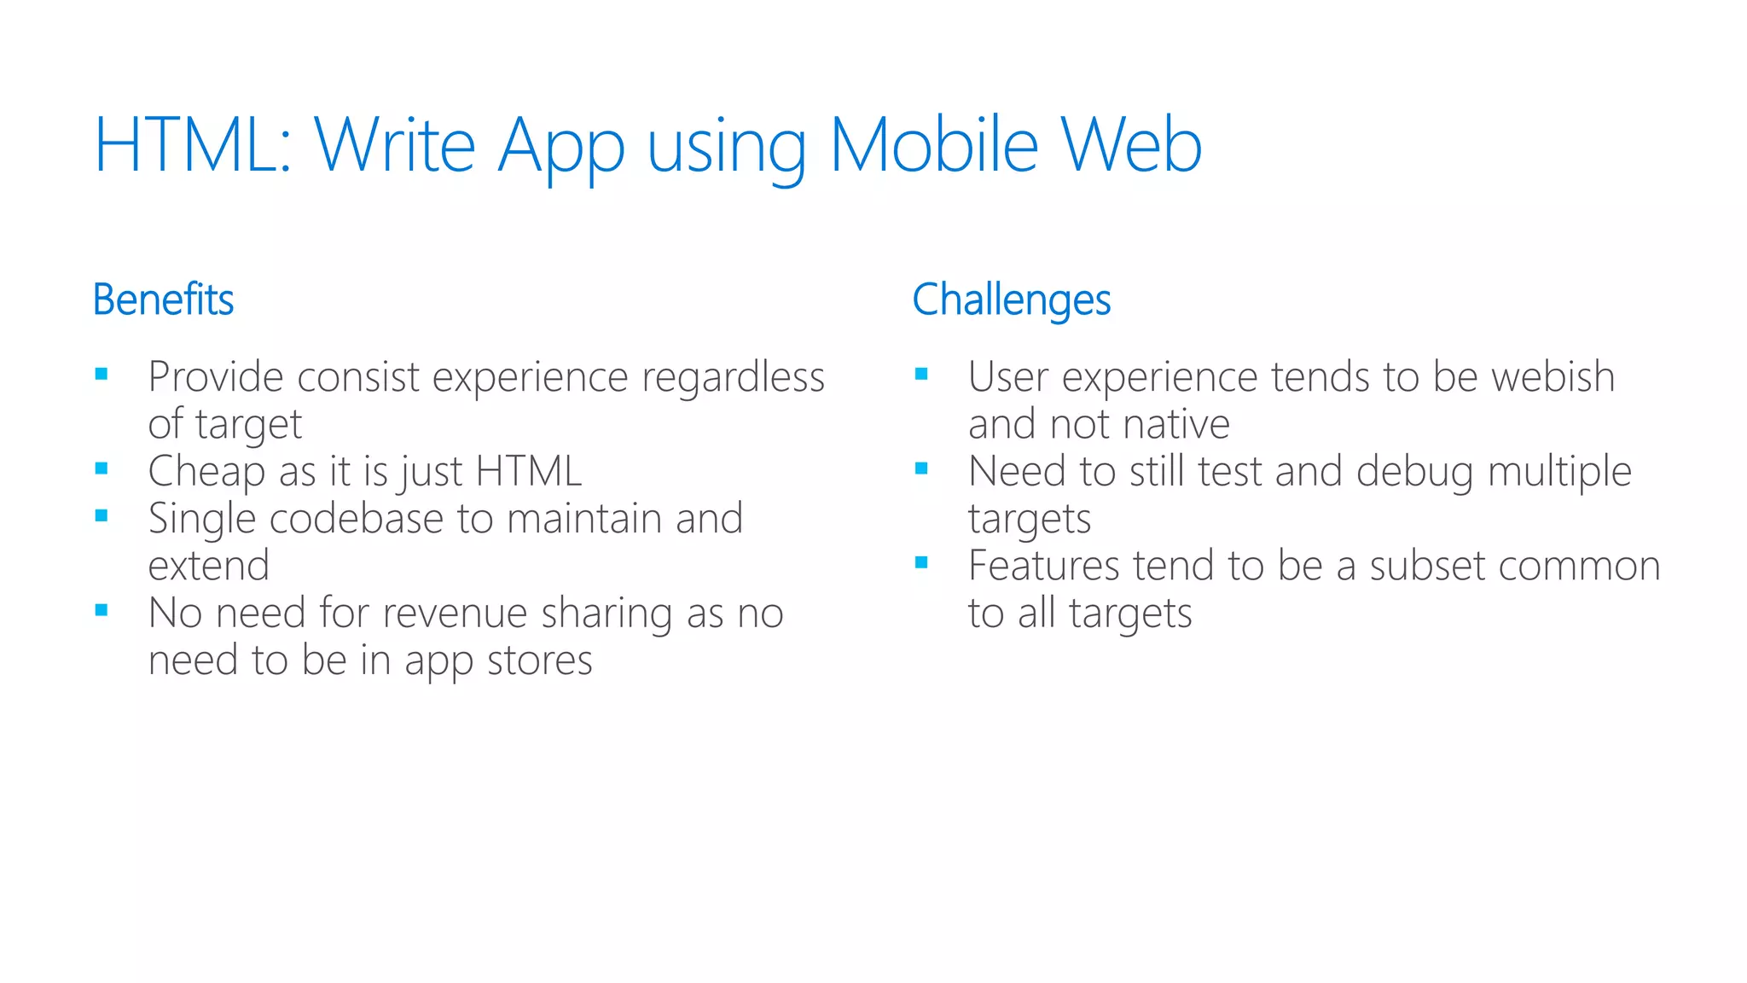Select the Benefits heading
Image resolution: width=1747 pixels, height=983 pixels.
click(163, 300)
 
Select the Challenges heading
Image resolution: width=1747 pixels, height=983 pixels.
click(1011, 300)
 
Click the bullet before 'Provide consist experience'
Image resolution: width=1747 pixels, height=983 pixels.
click(102, 374)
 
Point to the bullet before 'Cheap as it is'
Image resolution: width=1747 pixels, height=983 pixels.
click(102, 468)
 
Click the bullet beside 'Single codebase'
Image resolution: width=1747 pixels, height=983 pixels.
click(102, 515)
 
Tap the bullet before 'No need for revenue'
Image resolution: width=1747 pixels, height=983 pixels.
click(102, 610)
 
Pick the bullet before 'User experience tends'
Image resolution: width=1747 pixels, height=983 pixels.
click(921, 374)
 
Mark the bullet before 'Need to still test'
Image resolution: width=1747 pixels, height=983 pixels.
click(921, 468)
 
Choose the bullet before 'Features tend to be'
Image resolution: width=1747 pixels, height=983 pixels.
click(921, 562)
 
